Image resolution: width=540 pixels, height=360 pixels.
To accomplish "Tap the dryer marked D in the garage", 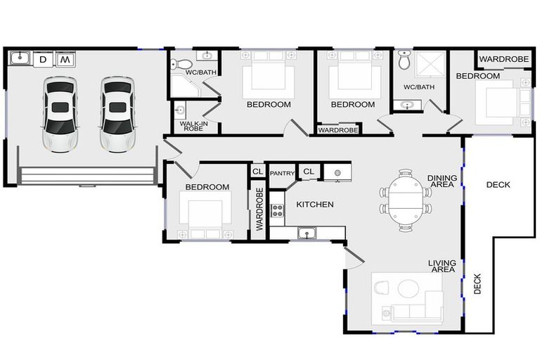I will tap(43, 60).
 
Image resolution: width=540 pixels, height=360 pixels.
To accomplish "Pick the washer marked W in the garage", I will tap(65, 60).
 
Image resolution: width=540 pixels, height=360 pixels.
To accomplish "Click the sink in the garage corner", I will tap(20, 60).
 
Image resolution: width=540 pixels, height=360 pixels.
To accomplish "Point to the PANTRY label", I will tap(281, 172).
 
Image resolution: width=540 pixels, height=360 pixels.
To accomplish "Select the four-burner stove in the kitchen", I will tap(277, 210).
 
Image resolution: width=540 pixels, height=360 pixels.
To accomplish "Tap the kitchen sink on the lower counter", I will tap(307, 233).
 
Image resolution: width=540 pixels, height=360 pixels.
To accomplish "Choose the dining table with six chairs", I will tap(404, 200).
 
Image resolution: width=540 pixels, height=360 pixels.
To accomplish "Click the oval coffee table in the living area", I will tap(409, 289).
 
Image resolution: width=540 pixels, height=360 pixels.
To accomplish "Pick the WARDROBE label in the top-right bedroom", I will tap(503, 59).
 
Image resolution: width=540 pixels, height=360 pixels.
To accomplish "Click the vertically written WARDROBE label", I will tap(259, 210).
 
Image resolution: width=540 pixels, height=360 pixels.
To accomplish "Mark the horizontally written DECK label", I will tap(498, 185).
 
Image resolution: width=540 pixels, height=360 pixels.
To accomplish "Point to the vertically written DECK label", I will tap(477, 284).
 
